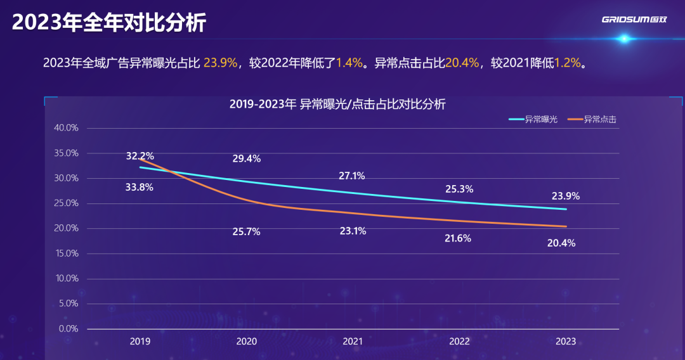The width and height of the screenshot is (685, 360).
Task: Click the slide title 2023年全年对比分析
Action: (109, 23)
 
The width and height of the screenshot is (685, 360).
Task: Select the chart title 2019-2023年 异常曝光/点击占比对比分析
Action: (337, 105)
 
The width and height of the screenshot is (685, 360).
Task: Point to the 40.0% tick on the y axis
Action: (66, 128)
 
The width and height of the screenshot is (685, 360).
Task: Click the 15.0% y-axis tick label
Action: (66, 254)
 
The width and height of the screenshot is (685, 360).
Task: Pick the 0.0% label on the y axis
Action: (68, 329)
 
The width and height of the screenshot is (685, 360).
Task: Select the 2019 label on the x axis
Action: (140, 342)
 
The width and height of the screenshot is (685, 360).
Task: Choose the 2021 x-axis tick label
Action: (353, 342)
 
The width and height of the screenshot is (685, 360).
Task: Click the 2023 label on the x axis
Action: (566, 342)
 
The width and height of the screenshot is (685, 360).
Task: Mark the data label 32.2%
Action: (140, 156)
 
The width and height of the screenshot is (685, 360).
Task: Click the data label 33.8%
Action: (140, 187)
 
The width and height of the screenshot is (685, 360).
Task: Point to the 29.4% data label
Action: (246, 159)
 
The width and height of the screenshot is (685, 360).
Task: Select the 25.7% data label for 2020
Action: (246, 232)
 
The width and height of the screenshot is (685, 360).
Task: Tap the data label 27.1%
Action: (352, 176)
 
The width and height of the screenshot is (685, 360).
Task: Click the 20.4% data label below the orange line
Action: (561, 243)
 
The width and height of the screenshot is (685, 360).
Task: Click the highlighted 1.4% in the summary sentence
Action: (349, 63)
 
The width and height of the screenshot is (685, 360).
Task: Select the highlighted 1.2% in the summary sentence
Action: (568, 63)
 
